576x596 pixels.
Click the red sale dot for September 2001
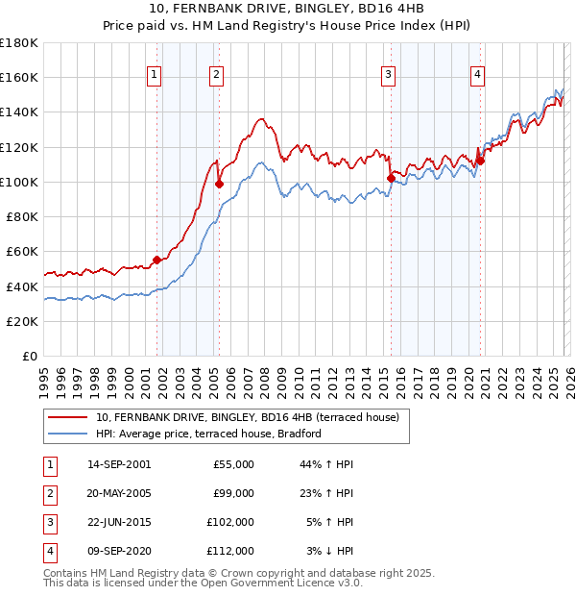click(x=157, y=260)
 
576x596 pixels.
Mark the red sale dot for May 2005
click(x=220, y=184)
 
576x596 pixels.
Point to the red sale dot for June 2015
click(x=391, y=178)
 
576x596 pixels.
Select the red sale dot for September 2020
click(x=480, y=161)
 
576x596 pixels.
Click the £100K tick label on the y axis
click(x=19, y=182)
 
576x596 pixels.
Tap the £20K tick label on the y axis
click(x=22, y=321)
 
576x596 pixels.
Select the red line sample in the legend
click(x=68, y=417)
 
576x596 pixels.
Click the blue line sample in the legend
click(x=68, y=434)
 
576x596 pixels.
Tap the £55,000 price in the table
click(x=234, y=464)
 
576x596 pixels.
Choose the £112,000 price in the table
click(x=231, y=551)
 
